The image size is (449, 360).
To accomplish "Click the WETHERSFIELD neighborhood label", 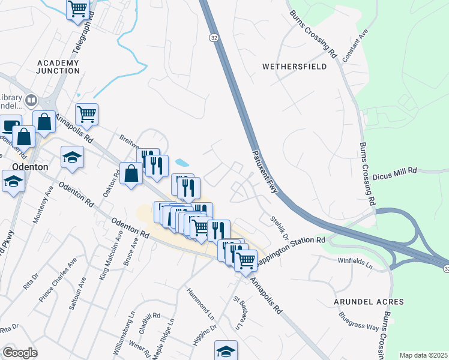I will (295, 67).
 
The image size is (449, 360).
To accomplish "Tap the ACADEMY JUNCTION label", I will (58, 67).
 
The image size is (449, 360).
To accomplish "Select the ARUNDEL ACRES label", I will (370, 301).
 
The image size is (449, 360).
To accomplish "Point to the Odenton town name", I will (29, 167).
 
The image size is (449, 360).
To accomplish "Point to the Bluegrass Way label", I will (358, 321).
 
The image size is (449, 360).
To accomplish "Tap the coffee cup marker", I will (9, 126).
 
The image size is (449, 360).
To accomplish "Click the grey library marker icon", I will (31, 100).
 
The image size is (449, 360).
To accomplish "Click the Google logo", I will (20, 353).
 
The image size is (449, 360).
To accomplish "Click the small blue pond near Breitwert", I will (181, 163).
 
